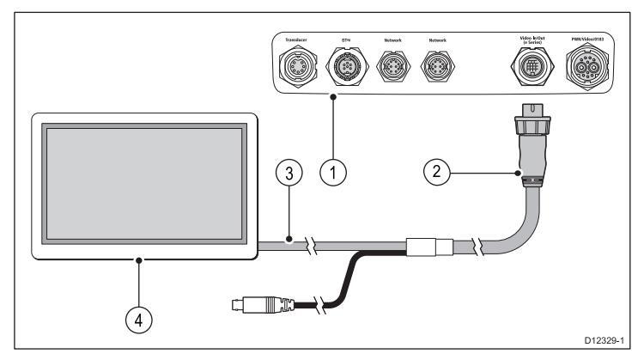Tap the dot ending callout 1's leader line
(333, 96)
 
